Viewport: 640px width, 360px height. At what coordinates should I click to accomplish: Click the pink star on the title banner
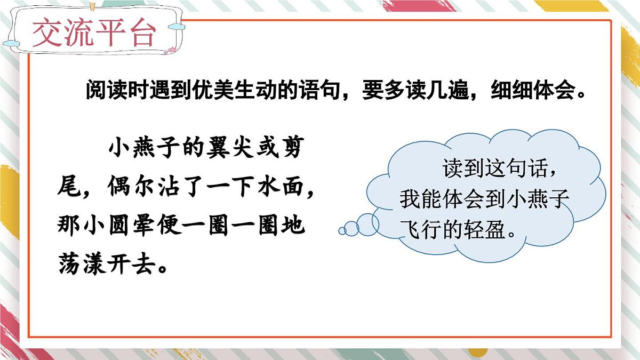[x=173, y=51]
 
